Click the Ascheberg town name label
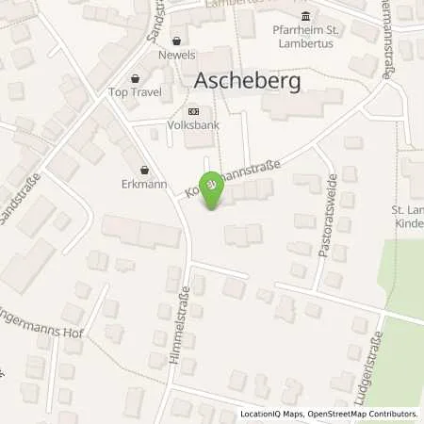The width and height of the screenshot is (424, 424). point(248,82)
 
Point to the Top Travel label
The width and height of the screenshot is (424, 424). point(136,92)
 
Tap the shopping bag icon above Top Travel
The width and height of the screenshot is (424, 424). point(136,78)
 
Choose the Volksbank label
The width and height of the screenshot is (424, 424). point(196,122)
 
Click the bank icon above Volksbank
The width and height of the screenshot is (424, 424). point(196,108)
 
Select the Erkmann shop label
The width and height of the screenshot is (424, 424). point(143,184)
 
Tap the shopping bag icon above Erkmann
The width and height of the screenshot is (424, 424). point(143,170)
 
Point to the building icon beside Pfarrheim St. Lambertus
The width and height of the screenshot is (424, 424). point(303,16)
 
